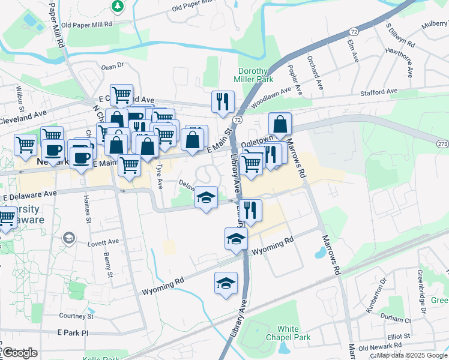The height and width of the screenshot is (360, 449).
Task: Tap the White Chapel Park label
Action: pyautogui.click(x=294, y=333)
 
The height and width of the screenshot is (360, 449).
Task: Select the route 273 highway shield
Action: pyautogui.click(x=442, y=144)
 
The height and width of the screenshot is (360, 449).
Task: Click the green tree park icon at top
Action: pyautogui.click(x=118, y=7)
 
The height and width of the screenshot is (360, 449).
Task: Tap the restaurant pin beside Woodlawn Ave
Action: pyautogui.click(x=223, y=101)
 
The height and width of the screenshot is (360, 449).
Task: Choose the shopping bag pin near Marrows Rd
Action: pyautogui.click(x=280, y=124)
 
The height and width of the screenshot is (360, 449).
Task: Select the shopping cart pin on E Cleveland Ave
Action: pyautogui.click(x=121, y=94)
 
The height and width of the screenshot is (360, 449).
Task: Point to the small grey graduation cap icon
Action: pyautogui.click(x=68, y=238)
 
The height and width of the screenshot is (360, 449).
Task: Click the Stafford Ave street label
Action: pyautogui.click(x=379, y=91)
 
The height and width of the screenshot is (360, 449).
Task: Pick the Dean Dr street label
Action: pyautogui.click(x=112, y=66)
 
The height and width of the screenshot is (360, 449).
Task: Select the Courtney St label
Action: pyautogui.click(x=77, y=316)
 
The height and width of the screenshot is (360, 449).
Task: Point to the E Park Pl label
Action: pyautogui.click(x=73, y=332)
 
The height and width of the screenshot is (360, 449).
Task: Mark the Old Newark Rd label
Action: pyautogui.click(x=379, y=347)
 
